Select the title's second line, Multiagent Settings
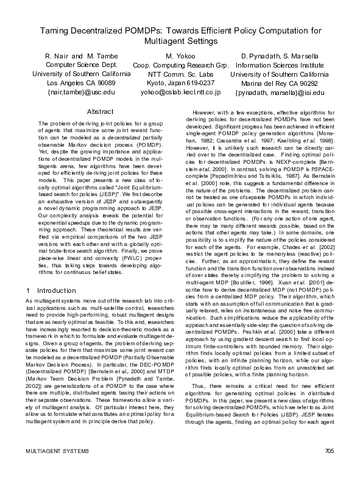pos(180,41)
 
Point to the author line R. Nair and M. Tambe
pos(80,56)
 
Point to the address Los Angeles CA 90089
pos(80,83)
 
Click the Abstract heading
pos(101,111)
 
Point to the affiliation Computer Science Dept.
pos(80,65)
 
